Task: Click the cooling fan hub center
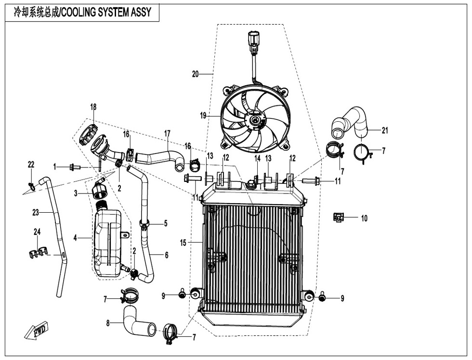click(x=254, y=121)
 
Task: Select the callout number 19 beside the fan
click(x=203, y=116)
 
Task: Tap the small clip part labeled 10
click(x=339, y=218)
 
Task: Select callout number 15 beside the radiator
click(x=183, y=243)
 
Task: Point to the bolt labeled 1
click(x=75, y=167)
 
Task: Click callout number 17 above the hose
click(x=167, y=132)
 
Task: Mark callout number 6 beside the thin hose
click(x=167, y=256)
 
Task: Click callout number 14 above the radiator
click(x=257, y=158)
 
